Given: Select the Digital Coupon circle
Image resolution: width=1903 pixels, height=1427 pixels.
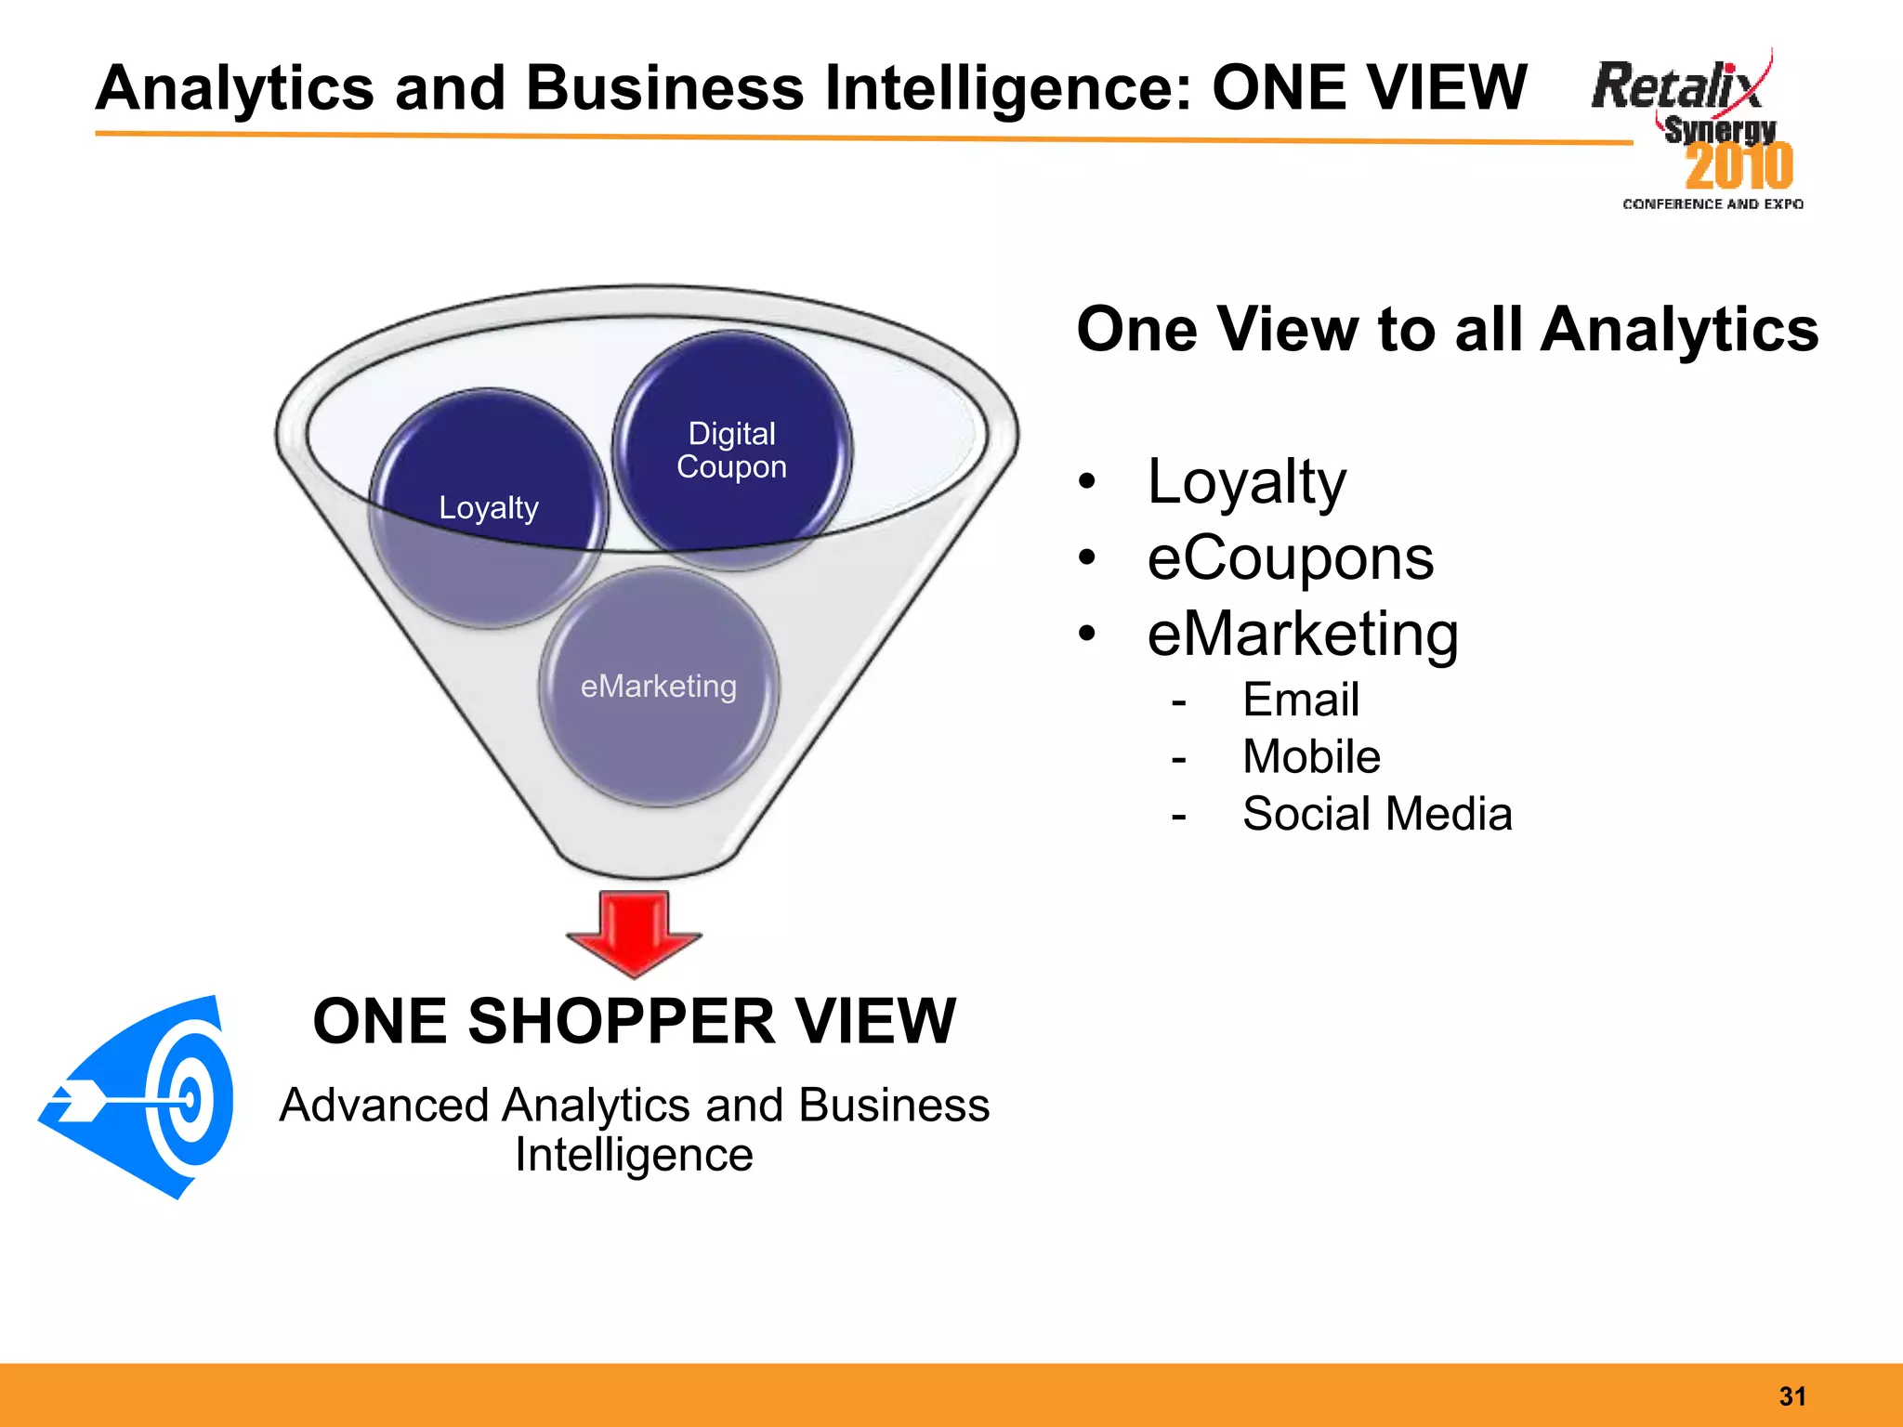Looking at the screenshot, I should [x=732, y=451].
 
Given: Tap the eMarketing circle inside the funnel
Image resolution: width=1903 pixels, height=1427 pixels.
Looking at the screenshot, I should [x=659, y=687].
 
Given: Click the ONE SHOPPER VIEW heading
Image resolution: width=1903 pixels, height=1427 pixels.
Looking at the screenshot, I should [x=634, y=1021].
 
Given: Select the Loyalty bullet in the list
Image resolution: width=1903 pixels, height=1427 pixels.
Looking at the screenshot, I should [x=1246, y=482].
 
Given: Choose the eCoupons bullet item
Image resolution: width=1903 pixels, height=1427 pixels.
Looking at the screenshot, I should [x=1290, y=558].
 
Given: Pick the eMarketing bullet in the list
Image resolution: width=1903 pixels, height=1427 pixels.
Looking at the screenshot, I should [x=1303, y=635].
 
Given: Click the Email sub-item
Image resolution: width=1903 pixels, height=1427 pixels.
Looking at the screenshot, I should [x=1300, y=700].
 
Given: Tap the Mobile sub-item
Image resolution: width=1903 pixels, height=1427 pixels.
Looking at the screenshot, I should [x=1311, y=757].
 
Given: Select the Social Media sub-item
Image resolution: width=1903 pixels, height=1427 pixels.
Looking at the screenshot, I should [x=1377, y=815].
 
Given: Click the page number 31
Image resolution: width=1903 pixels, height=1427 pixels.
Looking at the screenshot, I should [x=1792, y=1395].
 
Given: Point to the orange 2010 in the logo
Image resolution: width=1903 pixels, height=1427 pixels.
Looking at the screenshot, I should [x=1739, y=166].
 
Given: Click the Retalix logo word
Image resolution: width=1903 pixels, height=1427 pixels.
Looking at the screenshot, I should [x=1675, y=86].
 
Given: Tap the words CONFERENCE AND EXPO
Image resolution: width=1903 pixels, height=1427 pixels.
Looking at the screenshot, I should [x=1713, y=204].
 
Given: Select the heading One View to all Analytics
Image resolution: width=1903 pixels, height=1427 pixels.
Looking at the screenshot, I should [x=1447, y=330].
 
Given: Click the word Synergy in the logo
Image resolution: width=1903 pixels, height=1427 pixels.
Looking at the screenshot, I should [x=1720, y=130].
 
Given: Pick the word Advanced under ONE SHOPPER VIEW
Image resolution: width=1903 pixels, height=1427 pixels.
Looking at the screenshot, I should [x=385, y=1106].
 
